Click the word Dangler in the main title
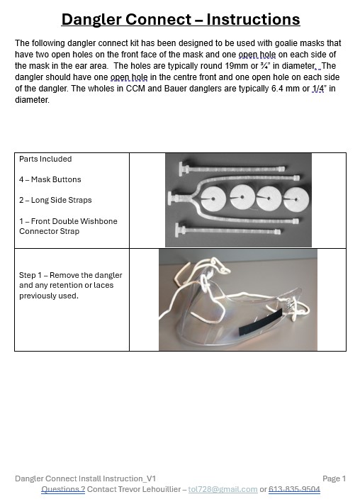[91, 19]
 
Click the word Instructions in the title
[253, 19]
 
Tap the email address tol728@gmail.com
[223, 489]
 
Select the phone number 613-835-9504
[294, 489]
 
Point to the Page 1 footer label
[334, 478]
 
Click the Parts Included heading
[45, 159]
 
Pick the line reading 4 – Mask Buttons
[50, 179]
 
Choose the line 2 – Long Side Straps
[55, 200]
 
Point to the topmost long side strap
[232, 169]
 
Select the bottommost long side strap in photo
[228, 230]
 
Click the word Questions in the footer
[63, 489]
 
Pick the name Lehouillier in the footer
[159, 489]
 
